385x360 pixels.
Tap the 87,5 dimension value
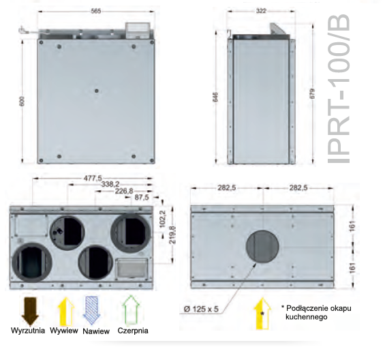142,198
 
